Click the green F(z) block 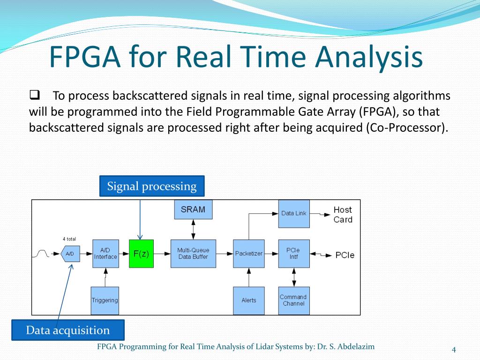[x=141, y=254]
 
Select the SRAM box [x=193, y=210]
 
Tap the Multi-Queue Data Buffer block [x=193, y=254]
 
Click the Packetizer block [x=249, y=254]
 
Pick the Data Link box [x=294, y=213]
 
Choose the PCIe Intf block [x=294, y=254]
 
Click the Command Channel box [x=294, y=300]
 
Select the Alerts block [x=249, y=300]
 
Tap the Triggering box [x=105, y=300]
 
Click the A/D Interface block [x=105, y=254]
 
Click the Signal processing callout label [x=152, y=186]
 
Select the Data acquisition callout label [x=68, y=330]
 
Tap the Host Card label [x=343, y=215]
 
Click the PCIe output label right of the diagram [x=345, y=255]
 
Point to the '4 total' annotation [x=69, y=239]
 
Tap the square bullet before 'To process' [x=34, y=96]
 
